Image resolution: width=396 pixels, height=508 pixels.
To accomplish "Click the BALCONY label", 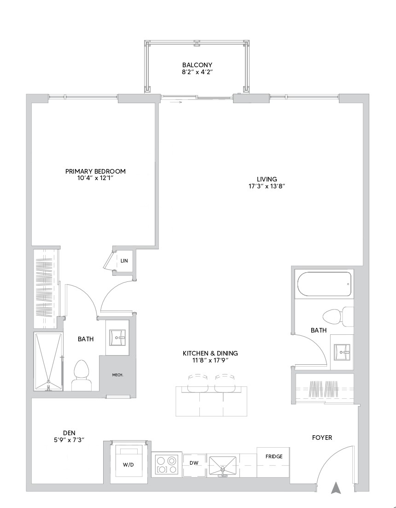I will click(x=197, y=65).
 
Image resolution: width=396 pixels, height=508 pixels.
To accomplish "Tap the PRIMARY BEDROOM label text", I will click(x=95, y=171).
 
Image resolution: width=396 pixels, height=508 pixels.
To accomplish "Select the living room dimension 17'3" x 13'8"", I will click(x=267, y=187).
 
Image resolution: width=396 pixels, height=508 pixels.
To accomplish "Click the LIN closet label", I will click(x=124, y=261).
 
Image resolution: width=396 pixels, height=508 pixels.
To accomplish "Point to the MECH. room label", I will click(x=117, y=375).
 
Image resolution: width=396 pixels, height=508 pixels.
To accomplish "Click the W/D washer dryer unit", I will click(x=128, y=462).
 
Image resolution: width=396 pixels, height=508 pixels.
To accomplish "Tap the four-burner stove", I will click(x=167, y=465).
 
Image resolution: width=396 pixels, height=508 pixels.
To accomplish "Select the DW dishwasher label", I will click(x=194, y=463).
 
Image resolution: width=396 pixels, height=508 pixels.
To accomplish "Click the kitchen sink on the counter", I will click(x=222, y=465).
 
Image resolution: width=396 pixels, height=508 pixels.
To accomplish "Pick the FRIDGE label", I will click(x=274, y=456).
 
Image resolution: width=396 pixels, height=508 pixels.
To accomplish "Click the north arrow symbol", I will click(x=336, y=488).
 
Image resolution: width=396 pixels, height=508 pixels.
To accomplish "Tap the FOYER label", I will click(x=322, y=438).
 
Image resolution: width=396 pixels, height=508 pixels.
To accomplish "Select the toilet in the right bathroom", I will click(x=338, y=316).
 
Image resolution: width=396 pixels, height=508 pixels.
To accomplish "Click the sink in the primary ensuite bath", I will click(x=117, y=338).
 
